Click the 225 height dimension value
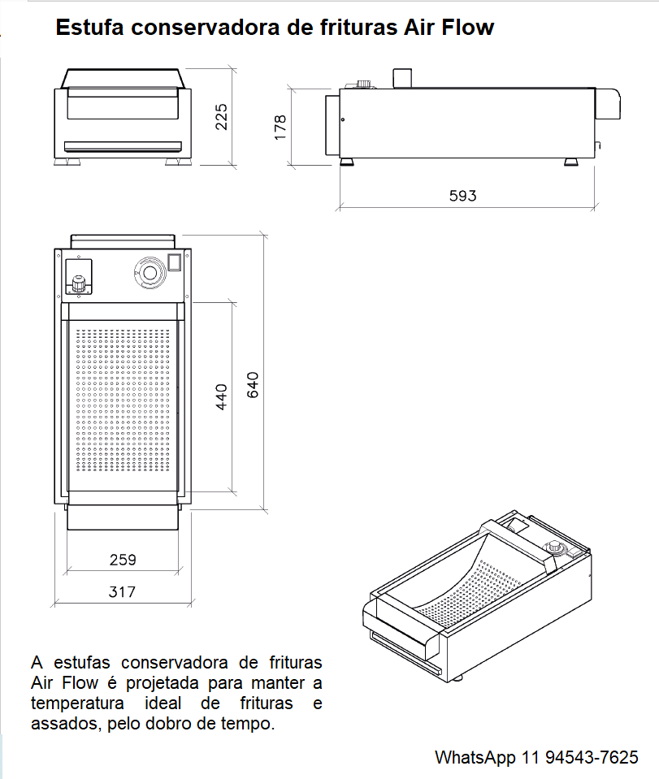point(221,117)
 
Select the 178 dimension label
point(280,128)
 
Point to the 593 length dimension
point(462,196)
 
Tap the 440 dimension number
point(221,396)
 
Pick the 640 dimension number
point(253,384)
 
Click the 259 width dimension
point(123,560)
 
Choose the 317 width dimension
point(122,591)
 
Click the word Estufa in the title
point(89,28)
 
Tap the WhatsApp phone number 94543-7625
point(592,757)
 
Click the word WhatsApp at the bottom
point(475,758)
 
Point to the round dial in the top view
point(150,272)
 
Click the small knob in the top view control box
point(79,284)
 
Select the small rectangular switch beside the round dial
point(174,262)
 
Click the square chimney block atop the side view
point(402,79)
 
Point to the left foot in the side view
point(347,162)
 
